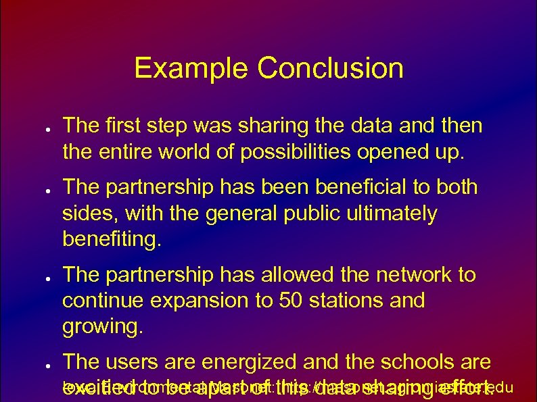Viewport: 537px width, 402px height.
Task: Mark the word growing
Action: [103, 326]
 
